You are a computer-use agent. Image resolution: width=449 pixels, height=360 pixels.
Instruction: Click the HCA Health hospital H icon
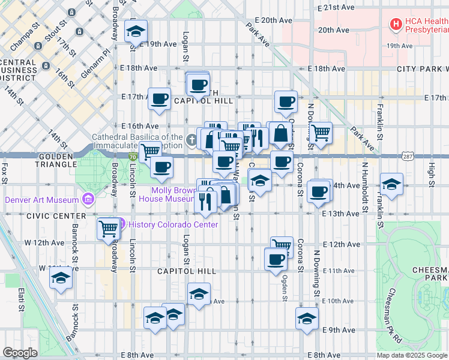tap(396, 24)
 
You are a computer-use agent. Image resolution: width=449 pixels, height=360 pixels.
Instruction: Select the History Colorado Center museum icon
tap(120, 224)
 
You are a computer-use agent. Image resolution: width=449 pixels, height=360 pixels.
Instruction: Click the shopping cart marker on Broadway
tap(108, 228)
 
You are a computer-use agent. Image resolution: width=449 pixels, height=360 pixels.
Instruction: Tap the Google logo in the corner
tap(20, 353)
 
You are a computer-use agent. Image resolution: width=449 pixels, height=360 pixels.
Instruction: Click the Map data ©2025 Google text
tap(412, 355)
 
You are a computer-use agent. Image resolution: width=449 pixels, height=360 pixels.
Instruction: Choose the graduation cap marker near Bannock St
tap(60, 278)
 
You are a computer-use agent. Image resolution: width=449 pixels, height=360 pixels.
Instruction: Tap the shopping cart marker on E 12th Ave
tap(282, 245)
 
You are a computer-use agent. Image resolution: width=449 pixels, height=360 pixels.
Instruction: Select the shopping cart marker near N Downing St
tap(321, 132)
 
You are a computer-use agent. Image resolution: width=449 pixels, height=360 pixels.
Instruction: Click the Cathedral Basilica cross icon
tap(191, 140)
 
